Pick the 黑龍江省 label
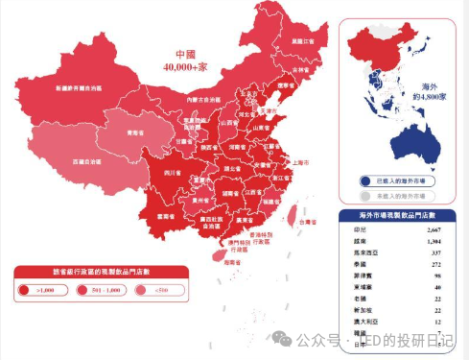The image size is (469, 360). click(304, 41)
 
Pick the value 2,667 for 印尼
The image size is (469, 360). click(434, 231)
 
